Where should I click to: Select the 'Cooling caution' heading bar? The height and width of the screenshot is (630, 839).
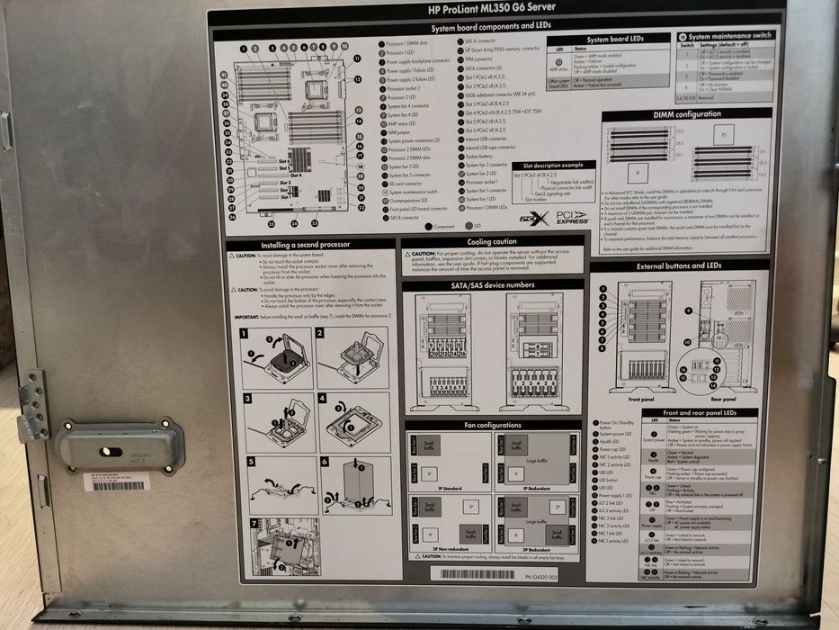[x=492, y=242]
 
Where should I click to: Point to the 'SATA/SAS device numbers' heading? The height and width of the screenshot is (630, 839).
[x=493, y=285]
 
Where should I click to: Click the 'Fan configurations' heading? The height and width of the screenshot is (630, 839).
[x=493, y=424]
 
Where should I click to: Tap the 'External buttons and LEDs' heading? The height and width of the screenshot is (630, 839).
[x=679, y=266]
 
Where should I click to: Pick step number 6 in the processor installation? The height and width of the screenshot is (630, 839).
[x=320, y=461]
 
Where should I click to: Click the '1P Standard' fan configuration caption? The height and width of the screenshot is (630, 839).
[x=434, y=490]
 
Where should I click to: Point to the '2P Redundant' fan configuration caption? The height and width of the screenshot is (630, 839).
[x=526, y=549]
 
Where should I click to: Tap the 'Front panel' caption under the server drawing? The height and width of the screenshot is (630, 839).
[x=640, y=398]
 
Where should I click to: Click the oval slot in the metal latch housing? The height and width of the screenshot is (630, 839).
[x=106, y=450]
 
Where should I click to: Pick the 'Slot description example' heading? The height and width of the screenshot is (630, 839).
[x=547, y=166]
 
